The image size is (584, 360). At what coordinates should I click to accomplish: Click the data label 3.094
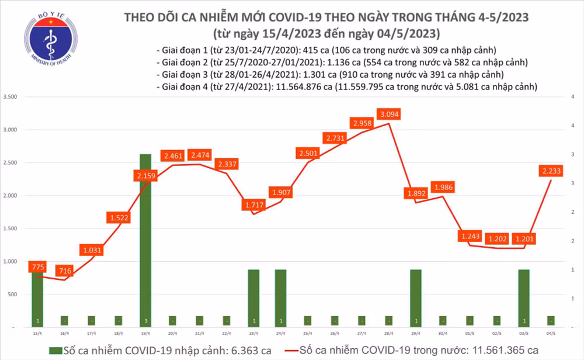390,113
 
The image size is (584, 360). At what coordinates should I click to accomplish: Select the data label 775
37,268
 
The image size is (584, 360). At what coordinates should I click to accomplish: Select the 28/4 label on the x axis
389,333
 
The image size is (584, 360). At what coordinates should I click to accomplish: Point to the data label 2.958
362,123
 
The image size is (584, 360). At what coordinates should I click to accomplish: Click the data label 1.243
470,237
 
